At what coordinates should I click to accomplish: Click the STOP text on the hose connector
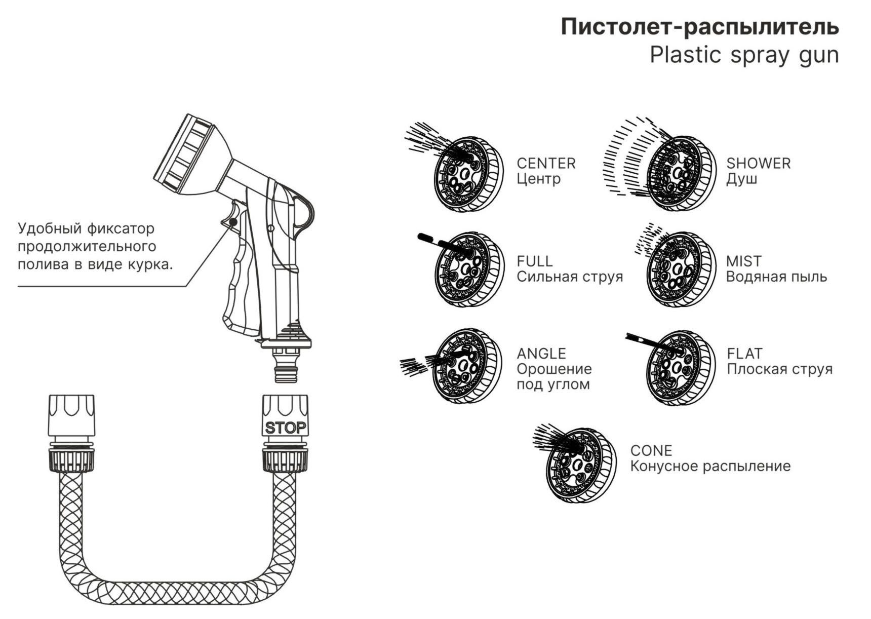click(x=286, y=428)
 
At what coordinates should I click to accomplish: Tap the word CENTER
click(x=546, y=164)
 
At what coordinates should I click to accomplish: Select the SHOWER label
click(x=758, y=164)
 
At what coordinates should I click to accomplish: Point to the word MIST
click(x=743, y=261)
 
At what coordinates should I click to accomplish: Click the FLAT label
click(x=744, y=354)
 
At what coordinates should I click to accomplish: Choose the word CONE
click(x=651, y=451)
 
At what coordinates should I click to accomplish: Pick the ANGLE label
click(x=541, y=354)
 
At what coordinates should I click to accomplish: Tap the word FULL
click(x=534, y=261)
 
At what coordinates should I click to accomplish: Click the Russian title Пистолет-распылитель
click(x=699, y=27)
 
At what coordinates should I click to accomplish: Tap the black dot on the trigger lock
click(x=233, y=221)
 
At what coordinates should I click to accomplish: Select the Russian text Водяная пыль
click(x=776, y=277)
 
